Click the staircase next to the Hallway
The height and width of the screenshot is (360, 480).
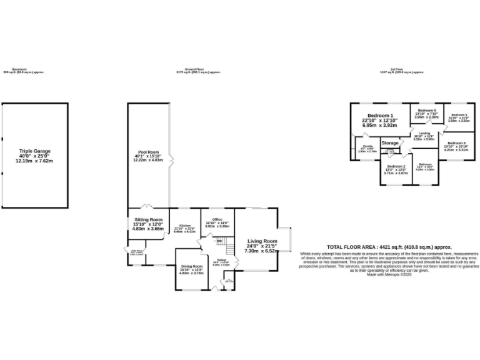(229, 249)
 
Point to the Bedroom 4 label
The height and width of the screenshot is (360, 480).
(459, 116)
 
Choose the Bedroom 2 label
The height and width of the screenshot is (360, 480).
(395, 167)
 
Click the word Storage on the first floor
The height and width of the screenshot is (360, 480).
(390, 143)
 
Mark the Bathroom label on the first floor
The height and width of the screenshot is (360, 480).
(425, 166)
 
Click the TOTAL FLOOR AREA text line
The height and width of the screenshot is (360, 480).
(389, 247)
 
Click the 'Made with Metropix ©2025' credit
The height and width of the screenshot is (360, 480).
(388, 274)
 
